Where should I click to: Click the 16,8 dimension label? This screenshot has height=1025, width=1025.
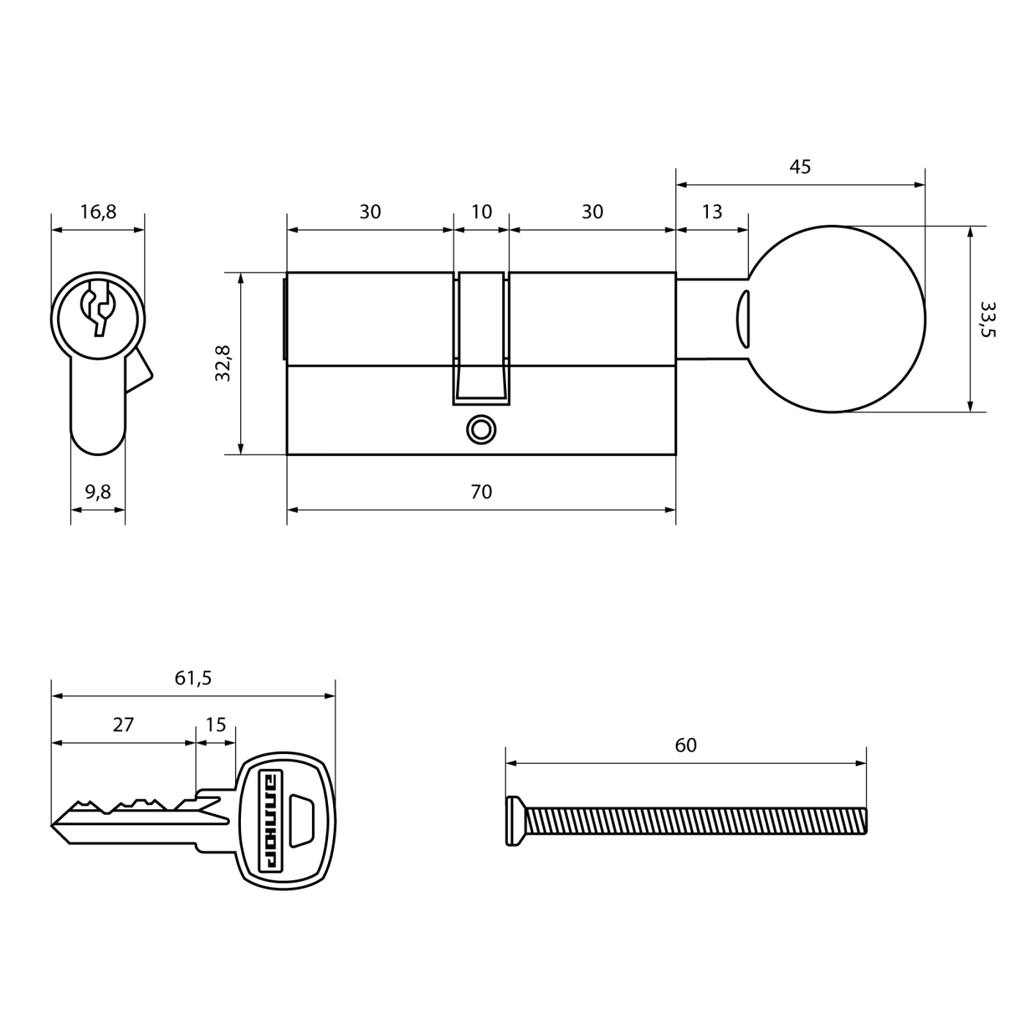click(x=98, y=212)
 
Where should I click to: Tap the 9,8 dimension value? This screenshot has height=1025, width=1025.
click(x=98, y=492)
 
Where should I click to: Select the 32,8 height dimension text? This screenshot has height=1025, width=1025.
click(x=223, y=363)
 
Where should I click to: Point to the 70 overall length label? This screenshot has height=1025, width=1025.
click(x=481, y=491)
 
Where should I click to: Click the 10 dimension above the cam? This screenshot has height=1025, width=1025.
click(x=481, y=212)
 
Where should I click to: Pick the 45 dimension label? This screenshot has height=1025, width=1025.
click(x=800, y=167)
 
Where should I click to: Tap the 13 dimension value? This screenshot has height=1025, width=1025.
click(x=712, y=212)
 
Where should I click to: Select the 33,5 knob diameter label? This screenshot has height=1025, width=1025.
click(x=988, y=319)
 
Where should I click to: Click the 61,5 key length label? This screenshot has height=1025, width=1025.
click(x=193, y=678)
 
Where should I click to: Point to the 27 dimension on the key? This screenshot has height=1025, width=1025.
click(x=124, y=725)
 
